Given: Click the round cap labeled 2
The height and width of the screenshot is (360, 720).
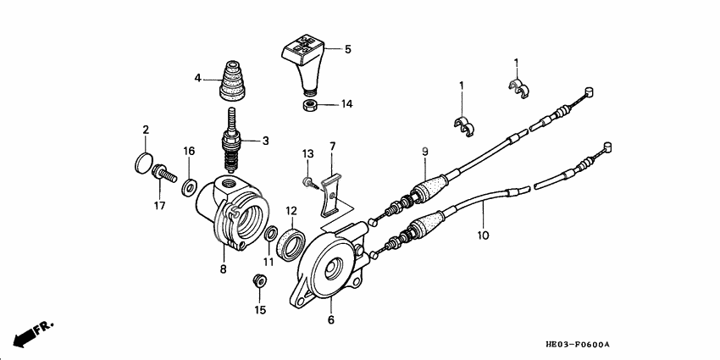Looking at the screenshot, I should tap(145, 161).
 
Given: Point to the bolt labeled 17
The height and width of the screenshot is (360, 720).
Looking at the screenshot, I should tap(162, 175).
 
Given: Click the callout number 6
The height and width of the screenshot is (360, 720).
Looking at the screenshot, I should tap(331, 320).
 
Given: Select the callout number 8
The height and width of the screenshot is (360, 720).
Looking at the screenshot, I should tap(224, 269).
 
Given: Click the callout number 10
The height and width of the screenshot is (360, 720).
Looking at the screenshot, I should tap(482, 236).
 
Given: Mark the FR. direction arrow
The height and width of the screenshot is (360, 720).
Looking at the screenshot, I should tap(34, 331).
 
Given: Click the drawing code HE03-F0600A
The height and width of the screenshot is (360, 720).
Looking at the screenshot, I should tap(578, 345).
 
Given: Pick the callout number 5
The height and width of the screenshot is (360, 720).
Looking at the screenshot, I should tap(347, 50).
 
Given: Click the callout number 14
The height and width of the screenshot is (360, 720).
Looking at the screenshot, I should tap(346, 105).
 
